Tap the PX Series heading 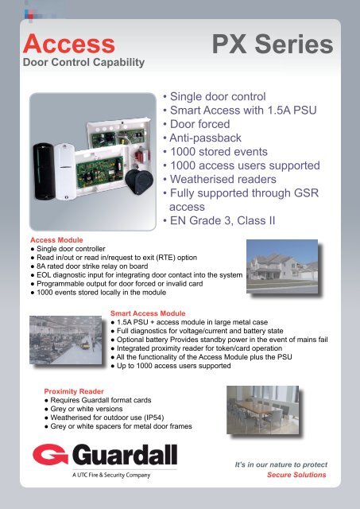point(275,45)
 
